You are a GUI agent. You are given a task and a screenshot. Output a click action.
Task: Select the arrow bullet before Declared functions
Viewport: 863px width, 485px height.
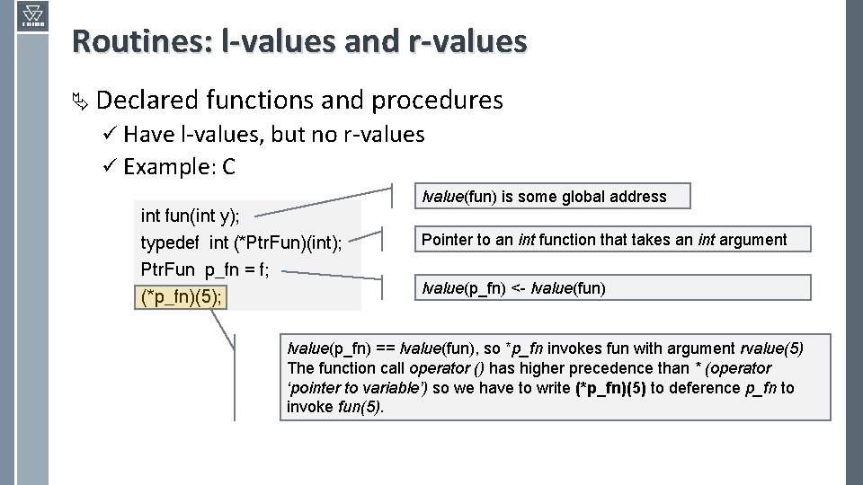pos(80,101)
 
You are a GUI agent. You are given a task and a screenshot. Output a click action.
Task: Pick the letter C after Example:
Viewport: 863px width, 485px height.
pos(228,167)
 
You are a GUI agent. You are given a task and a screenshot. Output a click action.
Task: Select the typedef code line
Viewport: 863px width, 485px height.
pos(241,243)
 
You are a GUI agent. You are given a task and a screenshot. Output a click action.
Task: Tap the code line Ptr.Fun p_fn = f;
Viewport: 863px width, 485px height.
pos(205,270)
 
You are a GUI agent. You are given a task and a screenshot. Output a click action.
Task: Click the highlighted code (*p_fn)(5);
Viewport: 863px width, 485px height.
pos(182,297)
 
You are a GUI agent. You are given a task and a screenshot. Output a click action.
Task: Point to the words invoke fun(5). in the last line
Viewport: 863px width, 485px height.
pos(334,408)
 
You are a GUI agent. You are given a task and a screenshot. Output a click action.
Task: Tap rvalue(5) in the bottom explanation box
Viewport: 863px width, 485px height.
pos(771,348)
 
